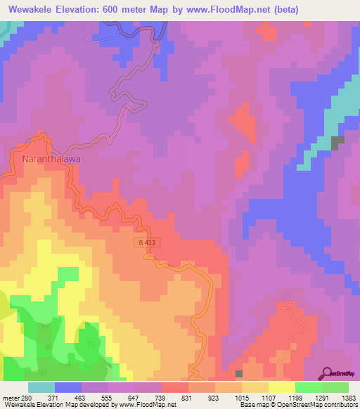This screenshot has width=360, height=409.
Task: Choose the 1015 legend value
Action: pos(241,398)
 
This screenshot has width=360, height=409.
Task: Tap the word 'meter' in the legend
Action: pos(10,398)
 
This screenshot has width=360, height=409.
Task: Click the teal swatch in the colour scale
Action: pos(41,387)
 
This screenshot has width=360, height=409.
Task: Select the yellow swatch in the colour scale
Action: pos(281,387)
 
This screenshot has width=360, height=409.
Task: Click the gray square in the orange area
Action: pos(239,374)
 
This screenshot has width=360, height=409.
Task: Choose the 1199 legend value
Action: pos(295,398)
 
